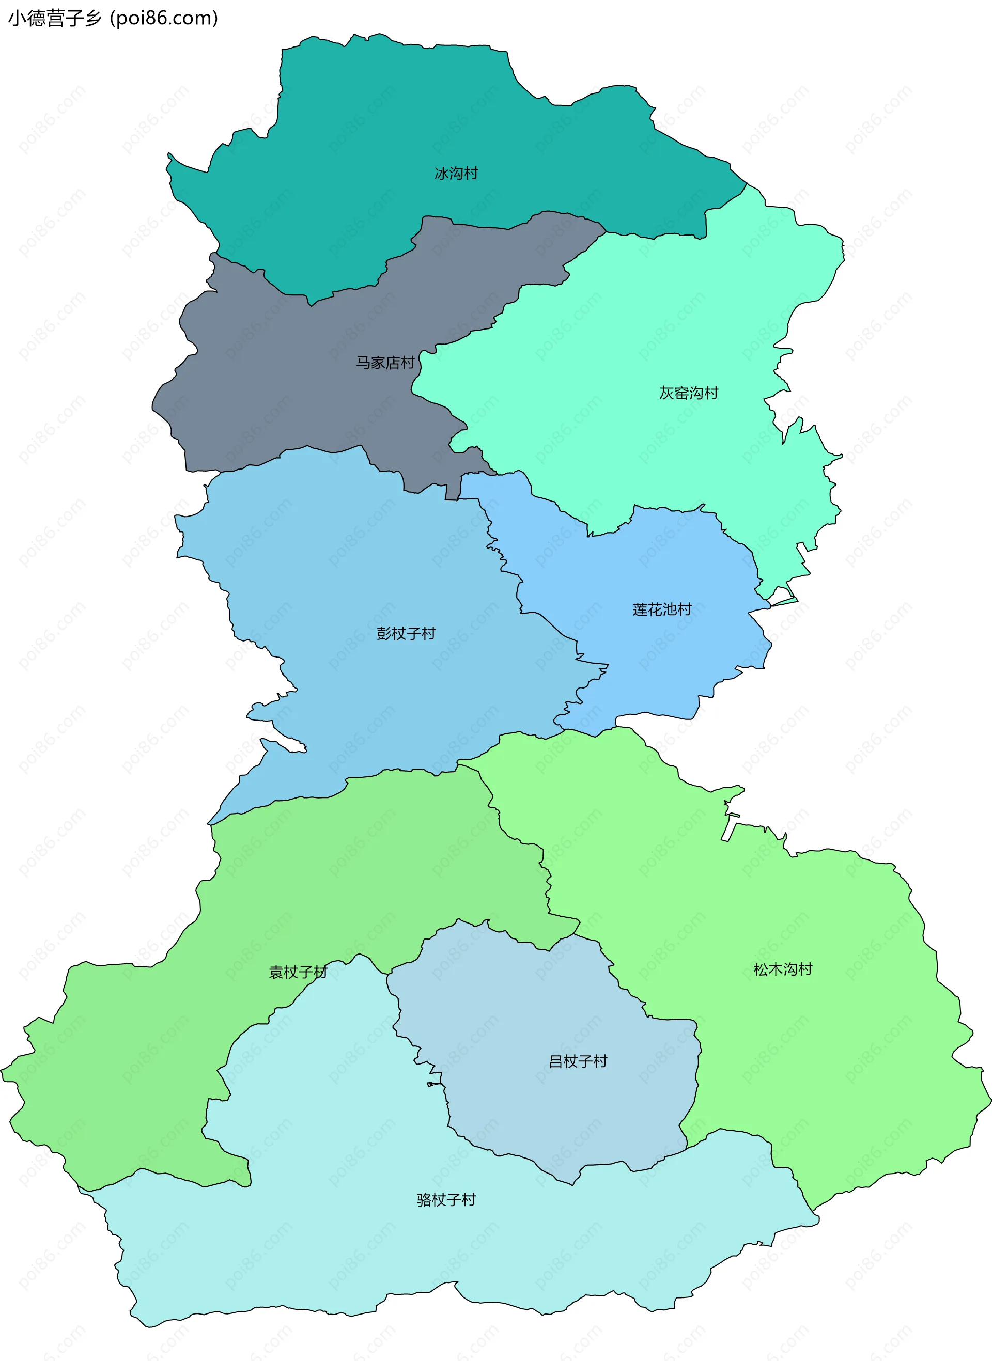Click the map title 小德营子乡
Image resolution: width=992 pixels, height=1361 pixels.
coord(55,19)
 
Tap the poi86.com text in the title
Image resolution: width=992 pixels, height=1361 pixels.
coord(163,19)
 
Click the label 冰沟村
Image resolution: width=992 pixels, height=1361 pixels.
coord(456,174)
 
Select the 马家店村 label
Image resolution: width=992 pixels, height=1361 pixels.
coord(385,363)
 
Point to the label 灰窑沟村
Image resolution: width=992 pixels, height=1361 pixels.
coord(689,393)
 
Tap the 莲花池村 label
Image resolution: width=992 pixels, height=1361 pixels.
coord(662,609)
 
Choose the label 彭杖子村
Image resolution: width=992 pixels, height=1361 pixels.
coord(406,633)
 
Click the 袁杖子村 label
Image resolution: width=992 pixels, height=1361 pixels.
coord(298,972)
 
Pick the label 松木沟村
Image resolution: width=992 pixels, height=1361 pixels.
coord(782,969)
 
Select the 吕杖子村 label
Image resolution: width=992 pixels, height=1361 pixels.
coord(578,1061)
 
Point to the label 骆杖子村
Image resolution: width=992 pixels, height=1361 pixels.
coord(446,1199)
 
